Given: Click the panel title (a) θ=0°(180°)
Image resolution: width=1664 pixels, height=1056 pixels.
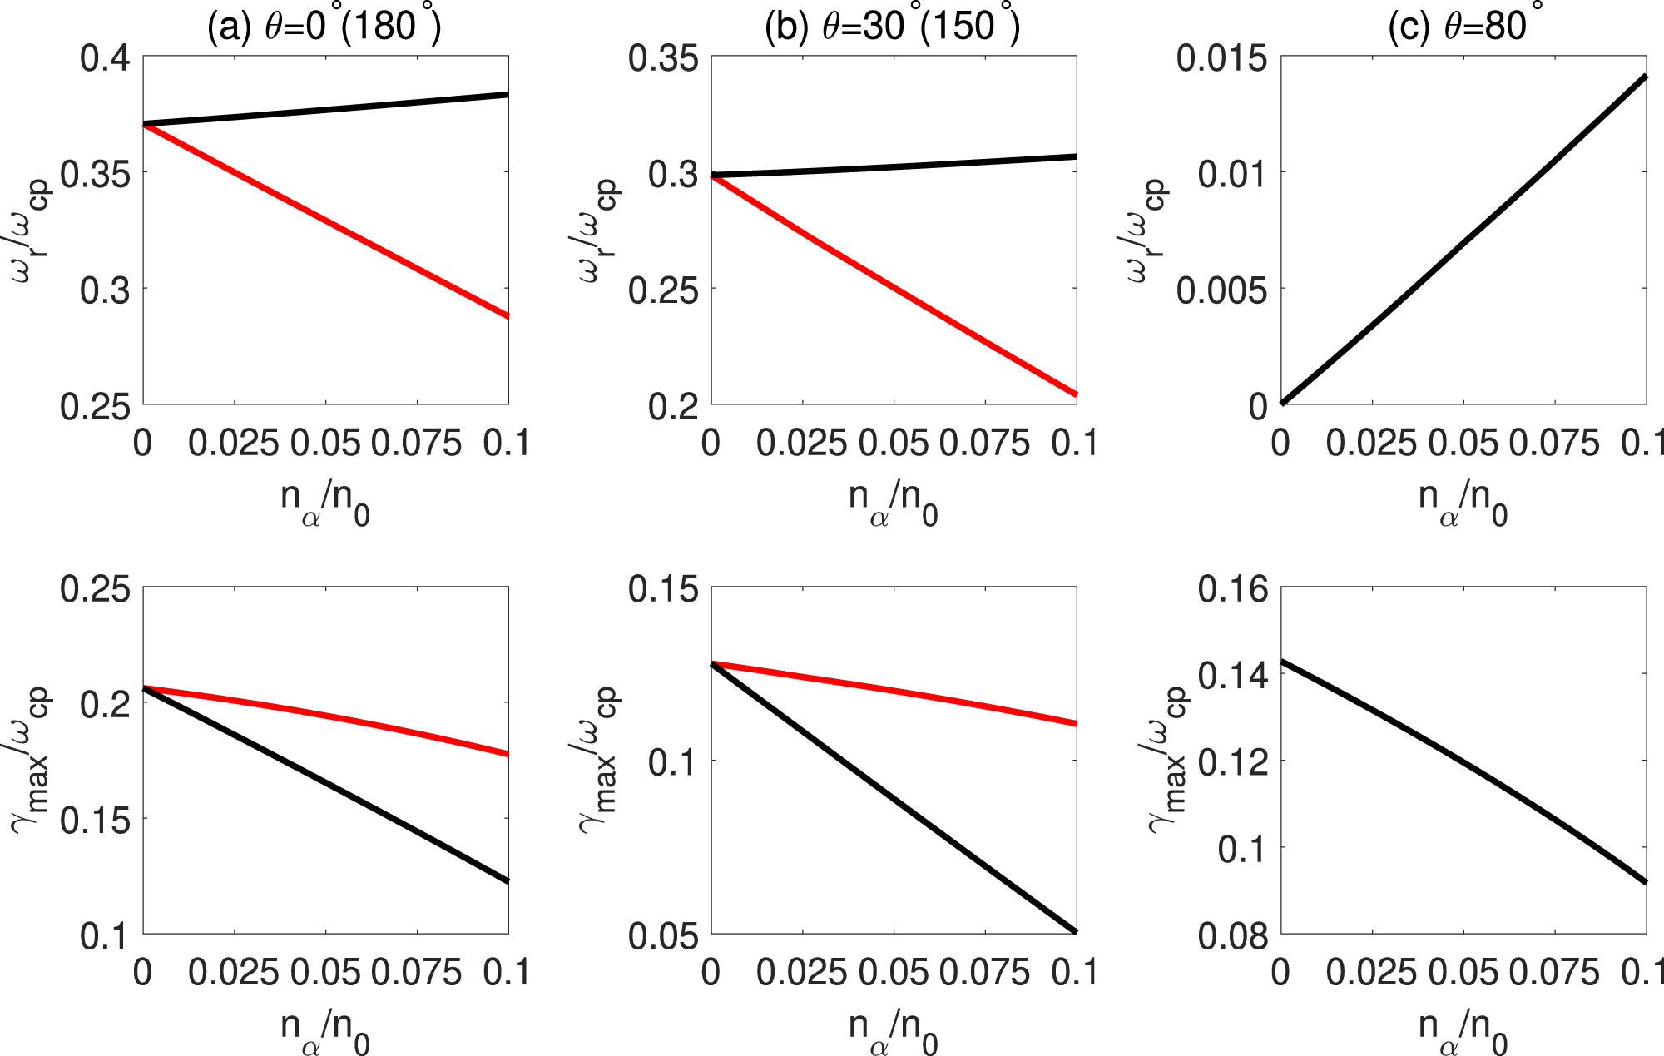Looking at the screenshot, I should (324, 27).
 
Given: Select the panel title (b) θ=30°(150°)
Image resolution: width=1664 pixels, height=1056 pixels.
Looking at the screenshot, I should (892, 27).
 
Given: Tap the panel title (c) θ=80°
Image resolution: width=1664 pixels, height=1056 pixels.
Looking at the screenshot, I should (1462, 27).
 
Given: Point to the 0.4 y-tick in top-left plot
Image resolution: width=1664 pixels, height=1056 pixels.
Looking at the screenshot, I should (105, 59).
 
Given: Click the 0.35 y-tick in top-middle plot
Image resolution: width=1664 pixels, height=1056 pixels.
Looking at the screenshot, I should (662, 59).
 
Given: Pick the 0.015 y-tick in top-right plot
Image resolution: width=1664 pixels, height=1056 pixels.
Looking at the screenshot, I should (1222, 59).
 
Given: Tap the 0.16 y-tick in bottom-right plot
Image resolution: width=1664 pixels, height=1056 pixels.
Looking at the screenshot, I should (1234, 590).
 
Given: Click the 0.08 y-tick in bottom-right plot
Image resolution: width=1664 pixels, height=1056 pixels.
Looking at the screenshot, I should (1234, 936).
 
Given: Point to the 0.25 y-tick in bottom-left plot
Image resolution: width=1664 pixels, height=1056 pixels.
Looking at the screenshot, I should (95, 590).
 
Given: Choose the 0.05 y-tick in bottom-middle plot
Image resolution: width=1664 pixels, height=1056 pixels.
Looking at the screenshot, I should (662, 936).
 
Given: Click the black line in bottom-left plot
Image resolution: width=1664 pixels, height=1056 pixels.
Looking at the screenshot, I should (324, 783).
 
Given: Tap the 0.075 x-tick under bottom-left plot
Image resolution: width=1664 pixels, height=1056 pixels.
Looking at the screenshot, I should (416, 973).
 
